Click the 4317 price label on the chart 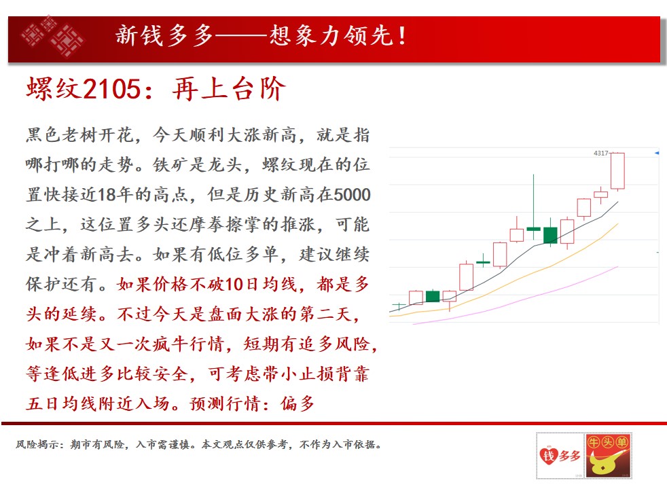pos(600,153)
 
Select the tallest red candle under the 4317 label pos(617,171)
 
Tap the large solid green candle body pos(550,235)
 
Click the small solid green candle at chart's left pos(433,296)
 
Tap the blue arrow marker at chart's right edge pos(657,153)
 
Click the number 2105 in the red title pos(111,89)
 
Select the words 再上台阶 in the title pos(228,89)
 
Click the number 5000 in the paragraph pos(353,195)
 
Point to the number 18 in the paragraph pos(107,195)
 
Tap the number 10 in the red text pos(234,284)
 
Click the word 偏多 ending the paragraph pos(298,403)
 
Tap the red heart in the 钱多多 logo pos(548,456)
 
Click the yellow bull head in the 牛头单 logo pos(606,463)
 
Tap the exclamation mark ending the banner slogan pos(402,36)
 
